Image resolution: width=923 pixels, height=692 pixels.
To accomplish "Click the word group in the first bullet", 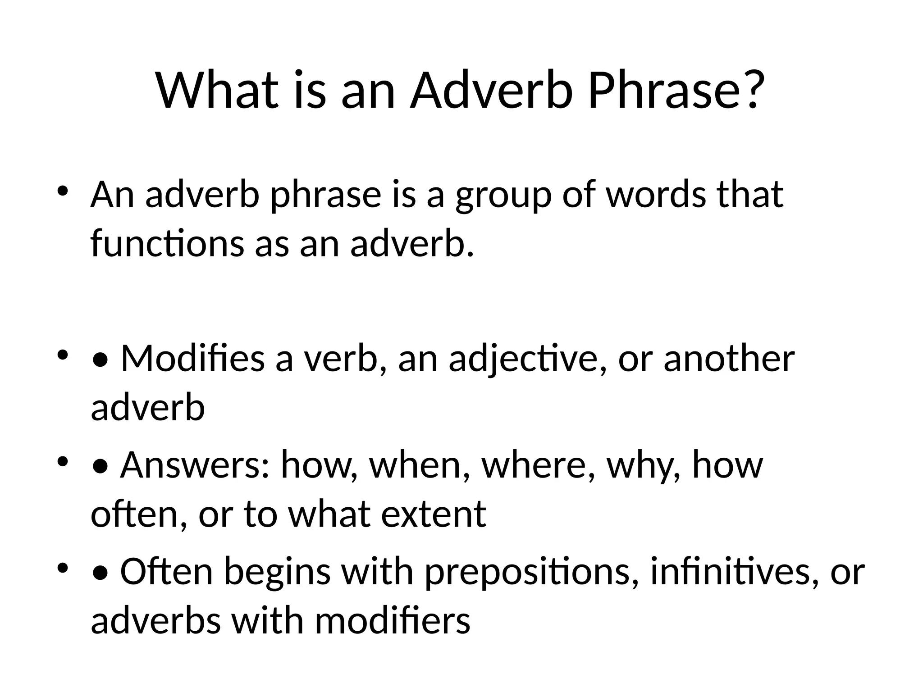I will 503,196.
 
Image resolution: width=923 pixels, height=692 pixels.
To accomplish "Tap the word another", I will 729,359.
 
